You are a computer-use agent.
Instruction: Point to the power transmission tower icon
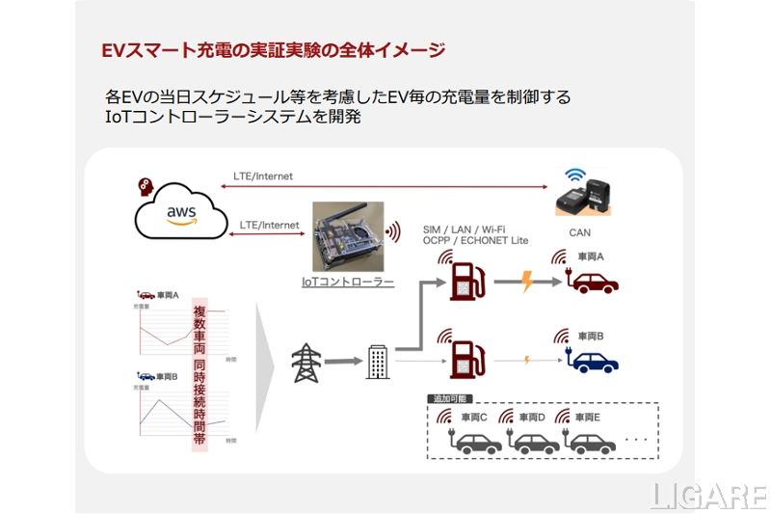click(x=306, y=363)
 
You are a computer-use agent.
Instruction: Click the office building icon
click(x=377, y=363)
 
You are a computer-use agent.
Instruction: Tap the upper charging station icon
click(x=466, y=281)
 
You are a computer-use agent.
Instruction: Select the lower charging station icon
click(x=466, y=359)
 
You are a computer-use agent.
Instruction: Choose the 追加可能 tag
click(x=448, y=398)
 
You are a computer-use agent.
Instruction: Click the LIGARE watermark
click(x=707, y=495)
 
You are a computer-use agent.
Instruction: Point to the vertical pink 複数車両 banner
click(x=199, y=375)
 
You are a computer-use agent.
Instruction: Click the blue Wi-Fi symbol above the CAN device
click(x=575, y=176)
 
